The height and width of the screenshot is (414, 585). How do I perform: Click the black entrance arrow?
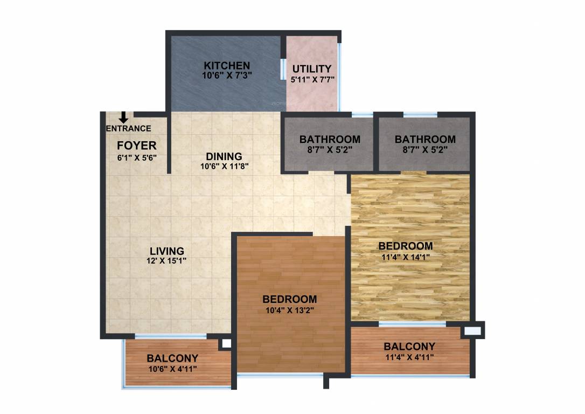[x=123, y=117]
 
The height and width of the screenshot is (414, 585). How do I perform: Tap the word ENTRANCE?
[x=128, y=128]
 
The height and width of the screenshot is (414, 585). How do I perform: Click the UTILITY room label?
[x=312, y=68]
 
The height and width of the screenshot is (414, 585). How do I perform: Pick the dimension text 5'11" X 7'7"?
[x=312, y=79]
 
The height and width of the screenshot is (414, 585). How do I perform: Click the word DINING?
[x=224, y=156]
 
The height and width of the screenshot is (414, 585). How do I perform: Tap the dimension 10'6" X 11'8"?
[x=224, y=167]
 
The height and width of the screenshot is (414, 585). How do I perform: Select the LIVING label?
[x=167, y=251]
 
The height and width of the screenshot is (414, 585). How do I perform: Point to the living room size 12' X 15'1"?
[x=168, y=261]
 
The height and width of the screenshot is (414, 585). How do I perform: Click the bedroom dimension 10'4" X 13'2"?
[x=289, y=310]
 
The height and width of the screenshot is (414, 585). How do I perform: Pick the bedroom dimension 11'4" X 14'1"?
[x=405, y=257]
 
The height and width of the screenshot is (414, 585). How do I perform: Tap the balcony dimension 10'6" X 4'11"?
[x=172, y=369]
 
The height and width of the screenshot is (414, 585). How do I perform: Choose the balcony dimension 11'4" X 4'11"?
[x=409, y=357]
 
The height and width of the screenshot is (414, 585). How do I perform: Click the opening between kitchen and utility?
[x=283, y=69]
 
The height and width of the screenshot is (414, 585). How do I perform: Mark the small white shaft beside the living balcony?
[x=226, y=343]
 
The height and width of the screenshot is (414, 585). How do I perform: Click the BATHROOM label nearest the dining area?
[x=330, y=139]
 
